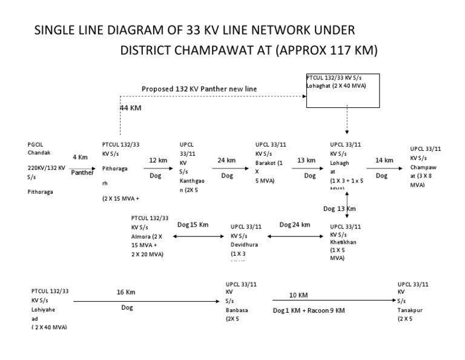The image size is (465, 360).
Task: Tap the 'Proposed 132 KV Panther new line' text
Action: (x=199, y=88)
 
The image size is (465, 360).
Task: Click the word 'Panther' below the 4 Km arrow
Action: (x=83, y=172)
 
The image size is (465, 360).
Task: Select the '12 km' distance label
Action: (x=158, y=160)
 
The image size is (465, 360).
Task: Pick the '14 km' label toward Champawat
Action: (x=384, y=160)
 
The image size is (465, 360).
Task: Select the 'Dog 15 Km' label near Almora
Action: (x=192, y=224)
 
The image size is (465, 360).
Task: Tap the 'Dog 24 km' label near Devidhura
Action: (x=294, y=224)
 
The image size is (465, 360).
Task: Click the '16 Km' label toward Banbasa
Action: (x=126, y=292)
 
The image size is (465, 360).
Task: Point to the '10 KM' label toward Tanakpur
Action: (x=299, y=295)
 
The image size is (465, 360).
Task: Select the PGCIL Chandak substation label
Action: (x=41, y=149)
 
